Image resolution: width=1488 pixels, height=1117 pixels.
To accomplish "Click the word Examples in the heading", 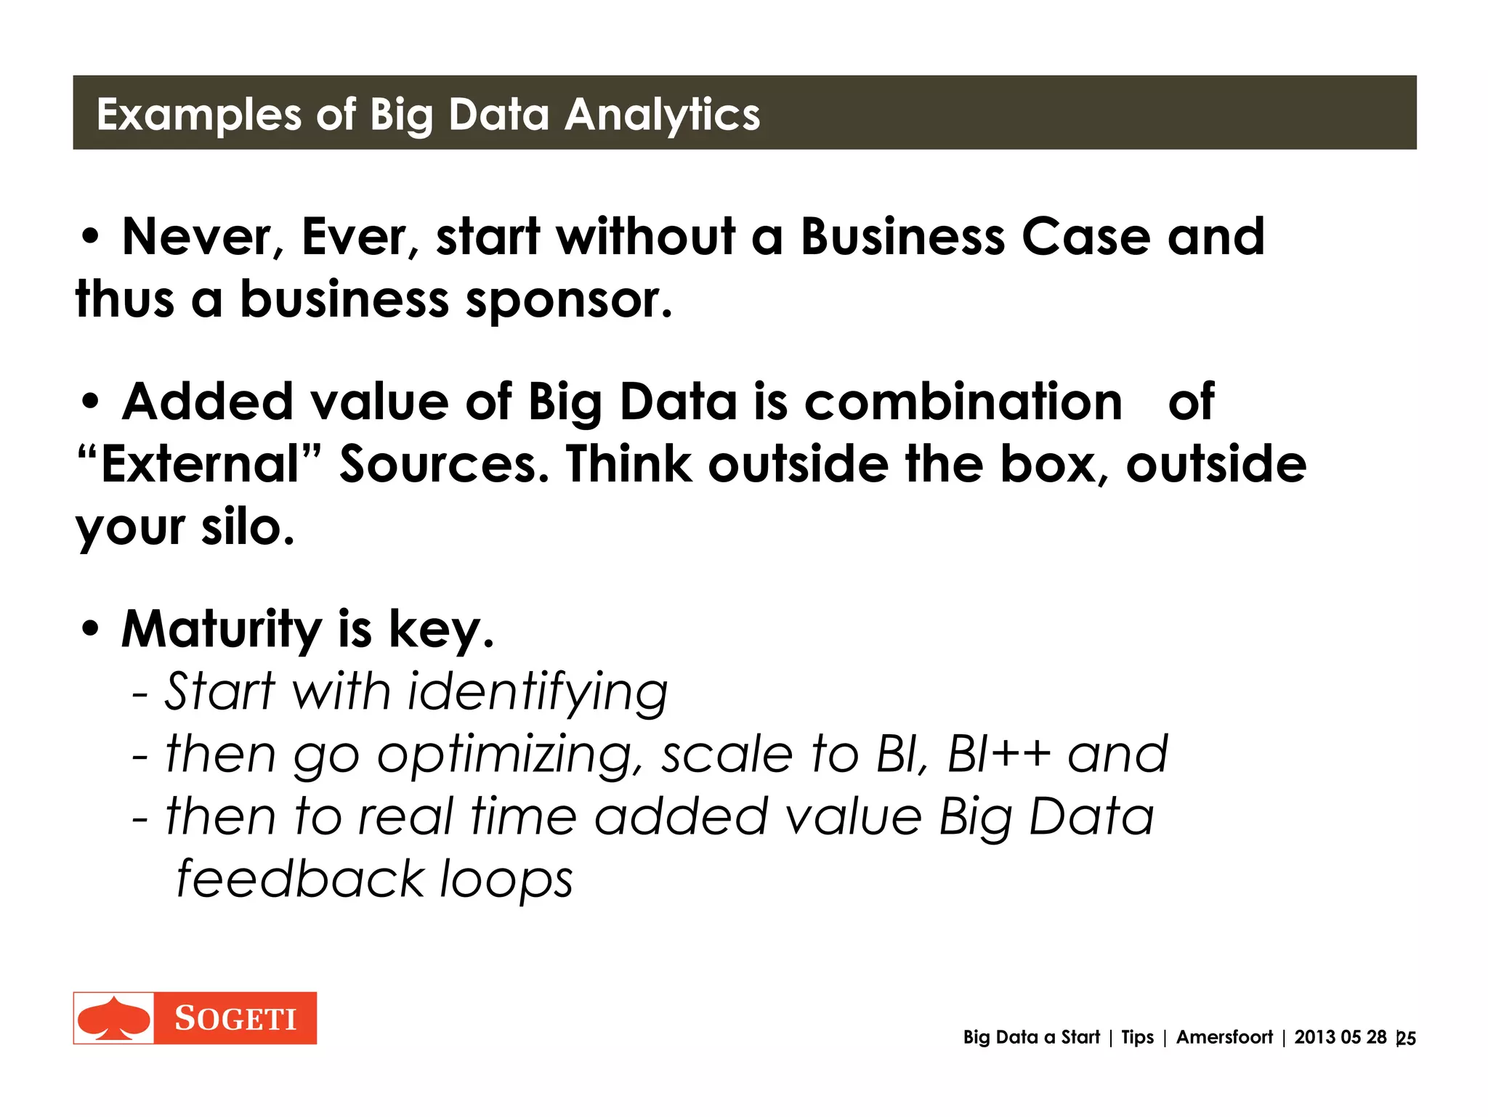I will (198, 115).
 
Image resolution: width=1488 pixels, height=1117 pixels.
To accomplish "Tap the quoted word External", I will (200, 464).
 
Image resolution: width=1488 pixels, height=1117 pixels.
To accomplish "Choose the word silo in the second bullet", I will (247, 527).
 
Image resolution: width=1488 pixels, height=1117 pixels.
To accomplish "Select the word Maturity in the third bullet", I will (221, 629).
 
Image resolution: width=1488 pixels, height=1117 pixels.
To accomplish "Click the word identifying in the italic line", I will (537, 691).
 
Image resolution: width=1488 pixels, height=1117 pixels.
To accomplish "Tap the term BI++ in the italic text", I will (999, 754).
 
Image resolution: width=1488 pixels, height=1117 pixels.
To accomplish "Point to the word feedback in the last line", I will (300, 879).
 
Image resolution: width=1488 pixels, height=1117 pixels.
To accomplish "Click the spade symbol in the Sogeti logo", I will (113, 1018).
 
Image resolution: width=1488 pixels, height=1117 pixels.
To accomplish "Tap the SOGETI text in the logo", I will (235, 1019).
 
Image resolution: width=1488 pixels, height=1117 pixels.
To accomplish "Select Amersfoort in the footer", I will (1224, 1037).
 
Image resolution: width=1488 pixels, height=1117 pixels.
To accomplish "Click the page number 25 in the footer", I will (1407, 1039).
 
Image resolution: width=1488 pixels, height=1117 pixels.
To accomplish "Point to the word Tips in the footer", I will (1137, 1037).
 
